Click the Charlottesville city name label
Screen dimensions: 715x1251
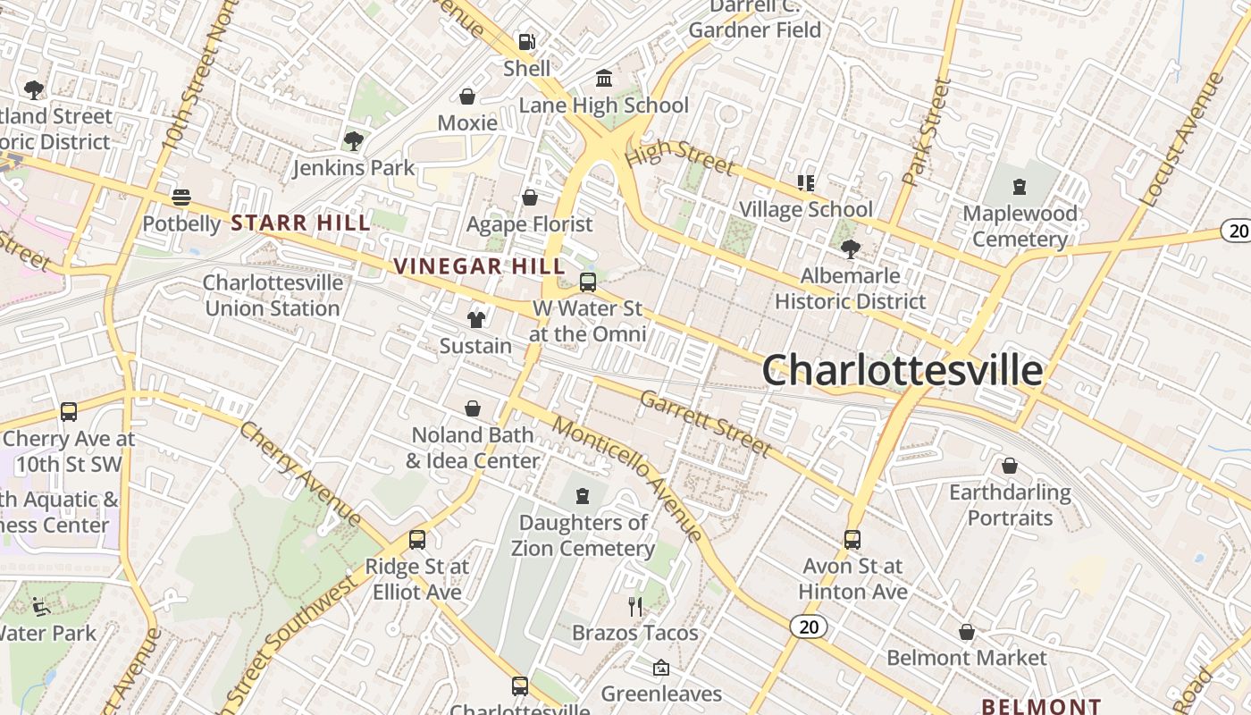point(903,370)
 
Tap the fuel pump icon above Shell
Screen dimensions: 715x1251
point(527,41)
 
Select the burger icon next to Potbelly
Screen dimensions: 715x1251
point(181,197)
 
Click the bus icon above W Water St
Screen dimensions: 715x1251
point(588,282)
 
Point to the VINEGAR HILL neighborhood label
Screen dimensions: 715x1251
point(480,265)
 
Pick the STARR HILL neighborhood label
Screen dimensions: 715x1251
point(301,223)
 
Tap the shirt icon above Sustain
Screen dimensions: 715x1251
point(475,319)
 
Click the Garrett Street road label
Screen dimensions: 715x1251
point(706,423)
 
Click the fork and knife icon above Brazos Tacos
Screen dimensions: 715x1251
point(635,607)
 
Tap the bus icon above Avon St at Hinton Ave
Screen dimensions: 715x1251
point(852,540)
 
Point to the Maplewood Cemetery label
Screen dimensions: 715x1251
point(1020,226)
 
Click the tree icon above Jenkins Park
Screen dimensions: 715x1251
point(353,141)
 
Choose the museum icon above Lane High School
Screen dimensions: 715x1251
point(604,79)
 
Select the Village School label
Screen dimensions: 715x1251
point(806,209)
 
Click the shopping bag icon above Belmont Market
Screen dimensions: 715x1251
point(966,632)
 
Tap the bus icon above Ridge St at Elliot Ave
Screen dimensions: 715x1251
point(417,540)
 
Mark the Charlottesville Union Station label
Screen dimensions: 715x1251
point(273,295)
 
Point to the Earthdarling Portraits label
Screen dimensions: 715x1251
point(1010,505)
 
